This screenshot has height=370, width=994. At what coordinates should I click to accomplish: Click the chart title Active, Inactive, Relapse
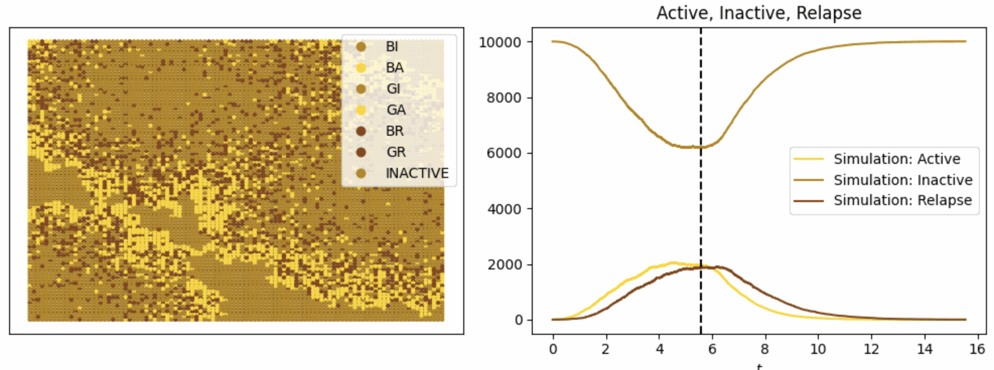tap(759, 13)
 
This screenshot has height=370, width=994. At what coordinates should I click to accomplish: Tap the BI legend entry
tap(392, 47)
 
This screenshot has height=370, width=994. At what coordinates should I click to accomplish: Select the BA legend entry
tap(394, 68)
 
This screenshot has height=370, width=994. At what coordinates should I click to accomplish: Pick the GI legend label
tap(393, 89)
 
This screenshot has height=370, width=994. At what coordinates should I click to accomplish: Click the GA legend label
tap(396, 110)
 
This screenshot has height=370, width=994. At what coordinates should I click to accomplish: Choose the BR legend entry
tap(394, 131)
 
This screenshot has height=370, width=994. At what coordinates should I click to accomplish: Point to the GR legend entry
tap(396, 152)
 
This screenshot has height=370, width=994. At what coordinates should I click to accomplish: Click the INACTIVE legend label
tap(416, 173)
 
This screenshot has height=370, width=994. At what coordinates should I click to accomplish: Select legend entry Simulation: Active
tap(896, 159)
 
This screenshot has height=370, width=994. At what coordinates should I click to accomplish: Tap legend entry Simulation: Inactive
tap(902, 180)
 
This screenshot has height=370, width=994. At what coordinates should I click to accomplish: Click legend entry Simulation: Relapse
tap(902, 200)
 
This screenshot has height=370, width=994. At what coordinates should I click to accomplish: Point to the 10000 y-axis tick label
tap(500, 42)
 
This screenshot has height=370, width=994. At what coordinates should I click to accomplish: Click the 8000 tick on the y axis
tap(504, 98)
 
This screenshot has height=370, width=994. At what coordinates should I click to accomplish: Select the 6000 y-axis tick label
tap(504, 153)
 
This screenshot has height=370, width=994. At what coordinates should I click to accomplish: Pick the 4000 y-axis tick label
tap(504, 209)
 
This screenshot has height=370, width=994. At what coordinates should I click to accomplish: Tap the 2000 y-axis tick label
tap(504, 265)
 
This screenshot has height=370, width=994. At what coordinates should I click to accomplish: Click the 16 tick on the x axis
tap(977, 349)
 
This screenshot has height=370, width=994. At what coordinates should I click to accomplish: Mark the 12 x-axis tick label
tap(871, 349)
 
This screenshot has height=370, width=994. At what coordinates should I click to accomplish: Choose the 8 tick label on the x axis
tap(765, 349)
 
